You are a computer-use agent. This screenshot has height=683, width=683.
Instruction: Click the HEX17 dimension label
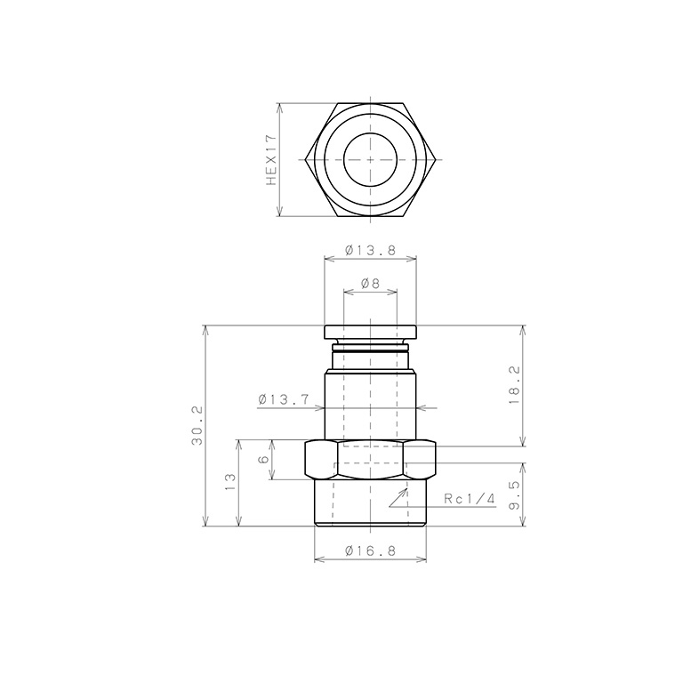click(x=271, y=160)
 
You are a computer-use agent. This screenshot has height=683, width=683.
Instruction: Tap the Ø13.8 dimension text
click(x=370, y=250)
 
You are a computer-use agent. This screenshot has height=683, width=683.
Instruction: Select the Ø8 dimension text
click(x=370, y=284)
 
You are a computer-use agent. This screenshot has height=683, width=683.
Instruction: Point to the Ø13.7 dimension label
click(x=283, y=399)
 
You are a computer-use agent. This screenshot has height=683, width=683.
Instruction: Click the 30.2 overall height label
click(x=197, y=426)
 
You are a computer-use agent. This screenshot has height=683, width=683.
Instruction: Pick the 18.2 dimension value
click(x=514, y=385)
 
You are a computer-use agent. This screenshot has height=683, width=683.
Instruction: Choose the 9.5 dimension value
click(x=514, y=495)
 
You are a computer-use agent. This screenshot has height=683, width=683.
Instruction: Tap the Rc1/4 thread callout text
click(x=470, y=499)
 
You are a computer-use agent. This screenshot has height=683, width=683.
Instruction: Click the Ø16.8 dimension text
click(x=370, y=551)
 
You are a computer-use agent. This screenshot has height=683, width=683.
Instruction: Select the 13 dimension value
click(x=230, y=482)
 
